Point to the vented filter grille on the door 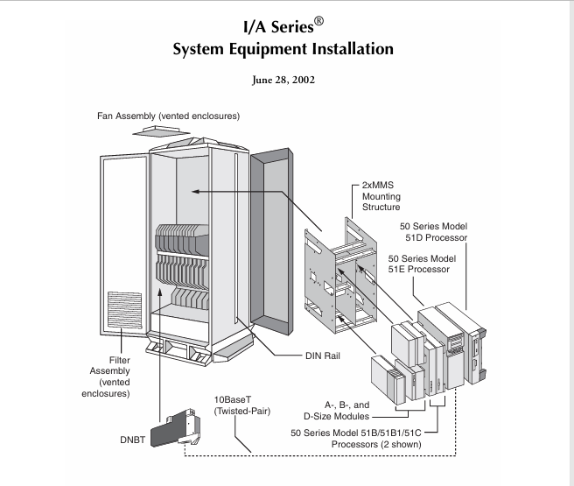(122, 316)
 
